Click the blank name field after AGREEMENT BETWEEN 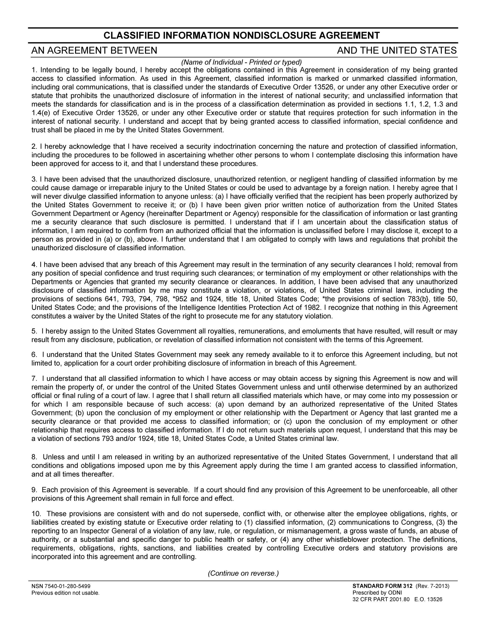[247, 51]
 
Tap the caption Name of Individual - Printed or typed [241, 62]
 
